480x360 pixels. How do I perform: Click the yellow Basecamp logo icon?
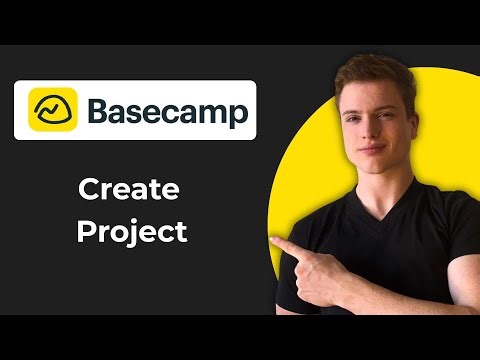52,109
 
